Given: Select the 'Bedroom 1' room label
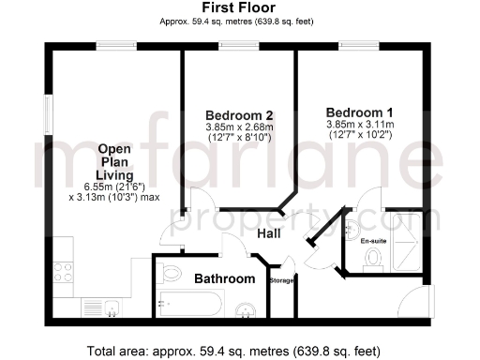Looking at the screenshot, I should click(x=358, y=111).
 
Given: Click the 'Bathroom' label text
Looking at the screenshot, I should click(x=224, y=279).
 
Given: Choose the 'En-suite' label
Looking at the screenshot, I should click(x=373, y=240).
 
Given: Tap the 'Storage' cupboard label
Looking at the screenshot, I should click(x=281, y=280).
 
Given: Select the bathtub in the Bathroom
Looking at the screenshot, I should click(x=192, y=305).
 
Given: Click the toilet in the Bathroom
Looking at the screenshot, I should click(x=172, y=273).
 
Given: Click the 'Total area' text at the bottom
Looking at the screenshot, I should click(x=233, y=352).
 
